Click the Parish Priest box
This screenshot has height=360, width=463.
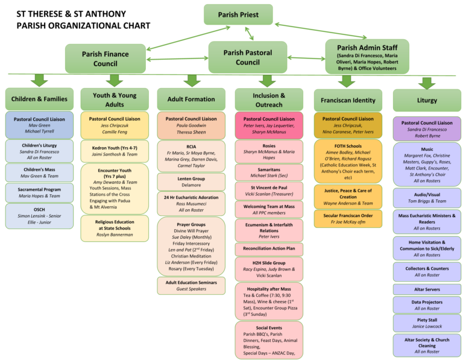[238, 15]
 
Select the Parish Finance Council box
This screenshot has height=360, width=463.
[106, 58]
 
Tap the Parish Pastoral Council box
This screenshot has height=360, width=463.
[248, 57]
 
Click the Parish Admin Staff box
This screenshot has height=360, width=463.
[367, 56]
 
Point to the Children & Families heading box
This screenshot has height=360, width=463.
[39, 99]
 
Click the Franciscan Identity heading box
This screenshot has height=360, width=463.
[348, 100]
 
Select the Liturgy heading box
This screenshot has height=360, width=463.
[427, 100]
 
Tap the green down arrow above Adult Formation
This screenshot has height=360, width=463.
[192, 80]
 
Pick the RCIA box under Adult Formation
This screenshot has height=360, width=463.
[191, 155]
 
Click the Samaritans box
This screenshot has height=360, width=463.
[269, 172]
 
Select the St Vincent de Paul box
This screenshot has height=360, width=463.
[269, 191]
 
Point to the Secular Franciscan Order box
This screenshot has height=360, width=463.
[348, 218]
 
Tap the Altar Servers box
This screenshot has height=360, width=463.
[427, 289]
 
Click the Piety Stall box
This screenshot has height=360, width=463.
[427, 323]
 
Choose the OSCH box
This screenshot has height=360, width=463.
[39, 216]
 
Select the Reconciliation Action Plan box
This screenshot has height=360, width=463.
[269, 248]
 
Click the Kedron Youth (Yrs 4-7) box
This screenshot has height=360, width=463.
[115, 151]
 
